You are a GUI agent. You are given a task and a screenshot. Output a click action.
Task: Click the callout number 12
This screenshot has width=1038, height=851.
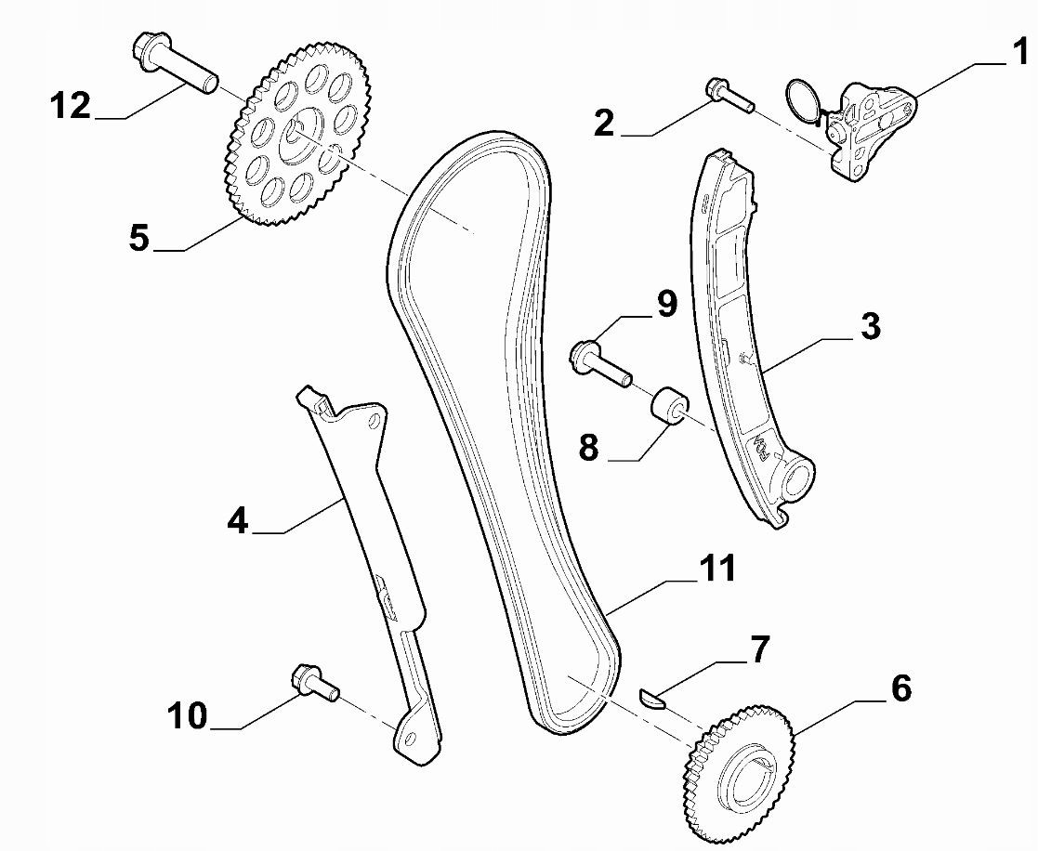coord(71,106)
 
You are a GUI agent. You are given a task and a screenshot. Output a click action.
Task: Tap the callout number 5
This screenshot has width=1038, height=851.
coord(139,238)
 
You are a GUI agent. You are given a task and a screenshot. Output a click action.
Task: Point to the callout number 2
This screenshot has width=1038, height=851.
coord(604,123)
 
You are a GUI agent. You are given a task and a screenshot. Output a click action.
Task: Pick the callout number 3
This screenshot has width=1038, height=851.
coord(871,327)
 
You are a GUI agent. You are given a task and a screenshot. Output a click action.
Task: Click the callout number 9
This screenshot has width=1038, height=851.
coord(666,304)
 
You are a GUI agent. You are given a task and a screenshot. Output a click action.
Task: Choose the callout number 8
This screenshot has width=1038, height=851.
coord(588,447)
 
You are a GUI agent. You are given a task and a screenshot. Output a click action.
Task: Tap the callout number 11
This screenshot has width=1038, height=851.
coord(716,569)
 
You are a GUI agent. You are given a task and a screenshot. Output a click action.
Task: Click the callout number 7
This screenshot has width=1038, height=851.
coord(759,649)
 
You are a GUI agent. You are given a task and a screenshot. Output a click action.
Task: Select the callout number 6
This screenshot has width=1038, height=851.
coord(901,688)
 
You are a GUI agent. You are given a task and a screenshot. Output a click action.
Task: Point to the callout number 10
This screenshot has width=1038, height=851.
coord(187,716)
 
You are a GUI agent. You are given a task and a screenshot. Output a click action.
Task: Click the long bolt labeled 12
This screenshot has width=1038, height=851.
coord(176,63)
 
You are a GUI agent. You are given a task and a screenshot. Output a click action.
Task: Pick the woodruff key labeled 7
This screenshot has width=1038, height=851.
coord(651,699)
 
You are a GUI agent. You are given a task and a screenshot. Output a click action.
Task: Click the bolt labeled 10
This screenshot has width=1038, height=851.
coord(315,682)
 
